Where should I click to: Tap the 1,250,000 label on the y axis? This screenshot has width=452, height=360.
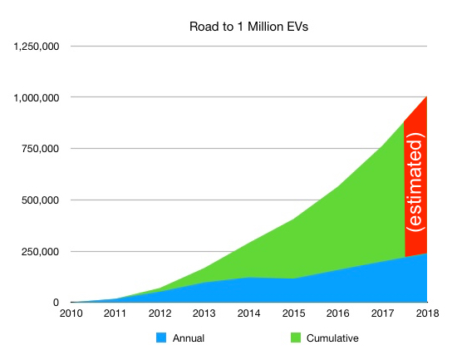37,47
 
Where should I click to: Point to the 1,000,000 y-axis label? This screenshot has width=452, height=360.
37,97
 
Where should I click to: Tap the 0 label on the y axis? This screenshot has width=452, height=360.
56,303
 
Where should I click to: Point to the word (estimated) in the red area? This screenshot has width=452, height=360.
416,186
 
